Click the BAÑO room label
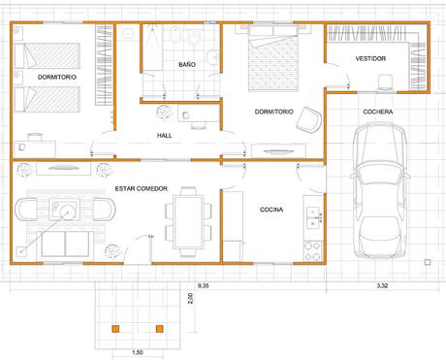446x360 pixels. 187,64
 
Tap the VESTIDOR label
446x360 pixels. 370,58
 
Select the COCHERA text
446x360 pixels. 378,112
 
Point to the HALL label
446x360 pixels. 165,136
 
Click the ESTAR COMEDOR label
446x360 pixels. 142,188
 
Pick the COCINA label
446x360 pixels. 271,210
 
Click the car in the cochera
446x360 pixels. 379,191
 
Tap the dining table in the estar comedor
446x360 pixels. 188,221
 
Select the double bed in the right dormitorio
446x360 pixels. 273,58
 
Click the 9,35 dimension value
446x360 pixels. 203,286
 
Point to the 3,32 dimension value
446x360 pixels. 382,286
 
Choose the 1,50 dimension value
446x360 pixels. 138,352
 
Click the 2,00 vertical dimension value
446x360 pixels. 190,298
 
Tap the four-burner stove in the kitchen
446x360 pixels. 313,251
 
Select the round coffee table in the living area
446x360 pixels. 68,213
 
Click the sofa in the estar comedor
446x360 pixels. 65,244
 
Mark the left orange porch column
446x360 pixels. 115,329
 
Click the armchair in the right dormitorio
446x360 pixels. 309,119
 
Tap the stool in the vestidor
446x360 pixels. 386,82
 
